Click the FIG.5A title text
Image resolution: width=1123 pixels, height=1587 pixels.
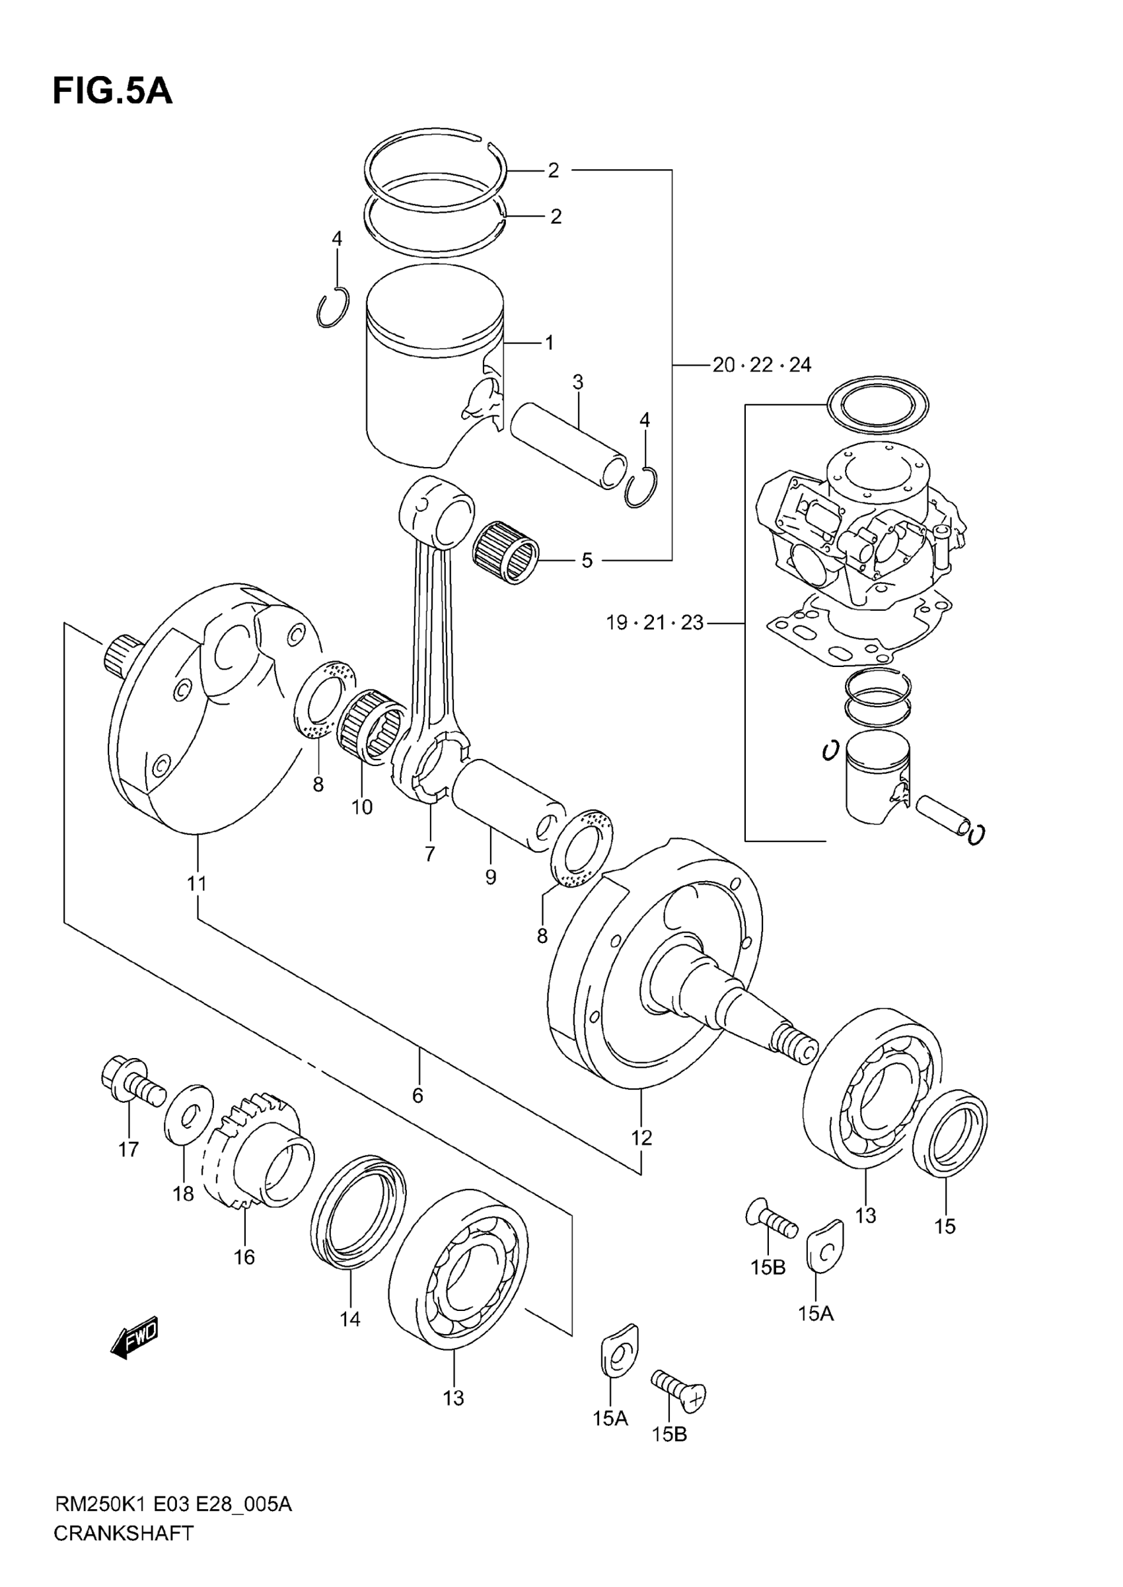coord(112,92)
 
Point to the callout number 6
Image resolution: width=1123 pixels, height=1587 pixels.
coord(417,1096)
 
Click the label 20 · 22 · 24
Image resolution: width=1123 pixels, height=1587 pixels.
coord(762,365)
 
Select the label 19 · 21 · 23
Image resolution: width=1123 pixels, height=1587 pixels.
coord(654,623)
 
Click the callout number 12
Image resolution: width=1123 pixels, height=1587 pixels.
coord(641,1137)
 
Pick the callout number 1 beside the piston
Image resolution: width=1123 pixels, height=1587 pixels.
coord(549,343)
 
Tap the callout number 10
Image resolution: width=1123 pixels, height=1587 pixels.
coord(361,806)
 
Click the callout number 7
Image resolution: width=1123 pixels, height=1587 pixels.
coord(430,855)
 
